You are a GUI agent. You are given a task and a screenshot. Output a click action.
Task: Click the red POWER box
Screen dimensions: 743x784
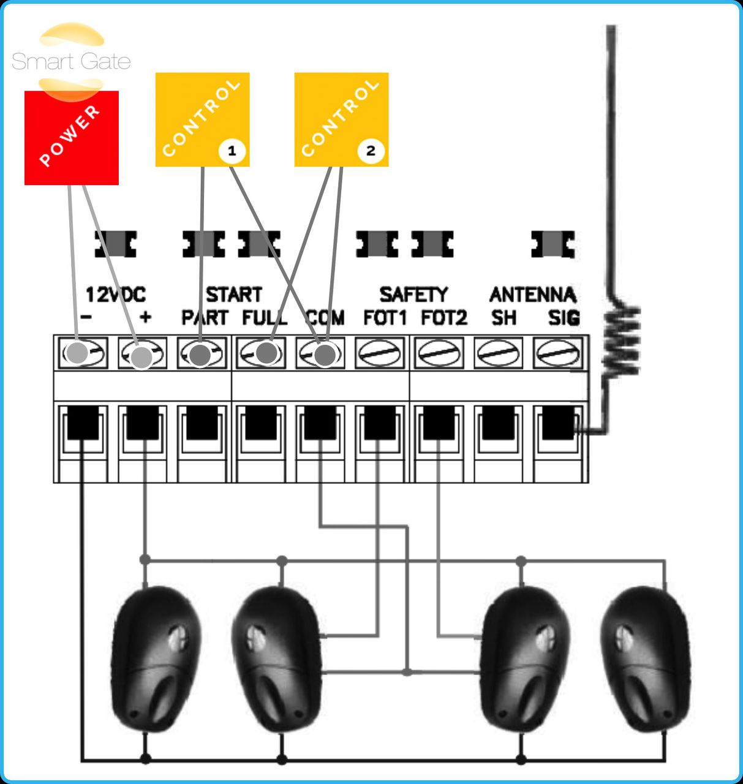click(x=71, y=138)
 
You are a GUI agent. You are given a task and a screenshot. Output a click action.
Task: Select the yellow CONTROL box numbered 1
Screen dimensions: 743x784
click(x=202, y=119)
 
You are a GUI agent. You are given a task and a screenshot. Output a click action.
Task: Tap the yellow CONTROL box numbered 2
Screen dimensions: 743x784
click(x=341, y=119)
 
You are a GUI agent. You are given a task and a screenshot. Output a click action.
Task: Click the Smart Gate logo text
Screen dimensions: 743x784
click(x=71, y=61)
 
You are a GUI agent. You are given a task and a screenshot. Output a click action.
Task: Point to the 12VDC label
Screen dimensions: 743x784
click(x=115, y=295)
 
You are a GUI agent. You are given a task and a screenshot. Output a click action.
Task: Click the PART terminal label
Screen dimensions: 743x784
click(x=204, y=318)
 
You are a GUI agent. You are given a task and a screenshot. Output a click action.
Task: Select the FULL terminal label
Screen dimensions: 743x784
click(x=264, y=318)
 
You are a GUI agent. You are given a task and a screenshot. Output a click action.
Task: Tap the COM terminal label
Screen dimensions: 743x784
click(x=325, y=318)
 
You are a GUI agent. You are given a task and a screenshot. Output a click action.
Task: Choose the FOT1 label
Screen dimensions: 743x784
click(x=385, y=318)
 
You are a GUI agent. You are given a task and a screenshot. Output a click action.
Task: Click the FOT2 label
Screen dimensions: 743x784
click(x=444, y=318)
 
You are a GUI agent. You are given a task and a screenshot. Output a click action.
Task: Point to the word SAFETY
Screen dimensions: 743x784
click(x=413, y=295)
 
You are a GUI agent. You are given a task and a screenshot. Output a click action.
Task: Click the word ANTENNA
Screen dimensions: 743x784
click(x=532, y=295)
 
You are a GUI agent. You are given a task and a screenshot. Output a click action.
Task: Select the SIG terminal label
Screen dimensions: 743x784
click(x=563, y=318)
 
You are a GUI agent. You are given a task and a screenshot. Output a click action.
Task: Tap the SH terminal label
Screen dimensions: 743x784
click(x=504, y=318)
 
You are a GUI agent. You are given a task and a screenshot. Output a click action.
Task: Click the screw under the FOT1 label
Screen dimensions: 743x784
click(x=380, y=353)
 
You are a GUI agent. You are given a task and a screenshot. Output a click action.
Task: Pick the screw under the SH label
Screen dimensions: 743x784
click(x=499, y=353)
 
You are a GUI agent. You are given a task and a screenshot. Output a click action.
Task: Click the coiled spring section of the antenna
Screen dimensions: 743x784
click(x=620, y=340)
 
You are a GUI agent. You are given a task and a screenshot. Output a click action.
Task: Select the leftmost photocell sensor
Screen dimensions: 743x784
click(x=156, y=658)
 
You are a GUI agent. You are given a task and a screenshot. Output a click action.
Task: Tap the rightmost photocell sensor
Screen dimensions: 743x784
click(x=644, y=658)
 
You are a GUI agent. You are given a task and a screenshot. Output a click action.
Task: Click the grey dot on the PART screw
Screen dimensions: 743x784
click(x=200, y=354)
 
